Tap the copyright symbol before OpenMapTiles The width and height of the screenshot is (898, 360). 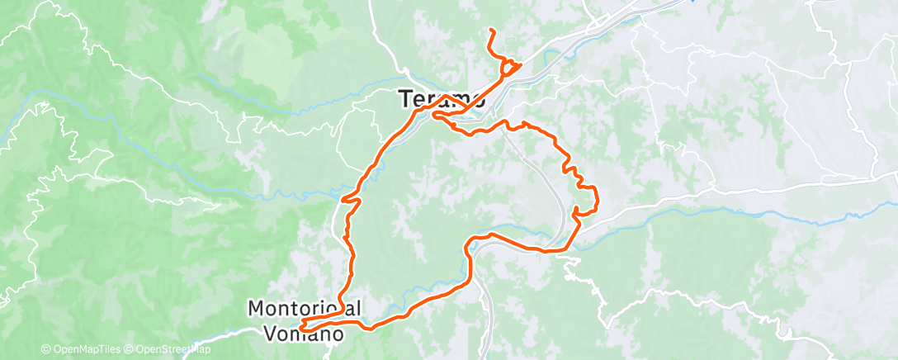(x=45, y=349)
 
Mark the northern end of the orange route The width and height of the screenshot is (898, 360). (x=491, y=31)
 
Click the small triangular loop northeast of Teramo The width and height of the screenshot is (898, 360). (x=510, y=67)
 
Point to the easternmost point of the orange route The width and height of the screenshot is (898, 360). (x=596, y=198)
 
